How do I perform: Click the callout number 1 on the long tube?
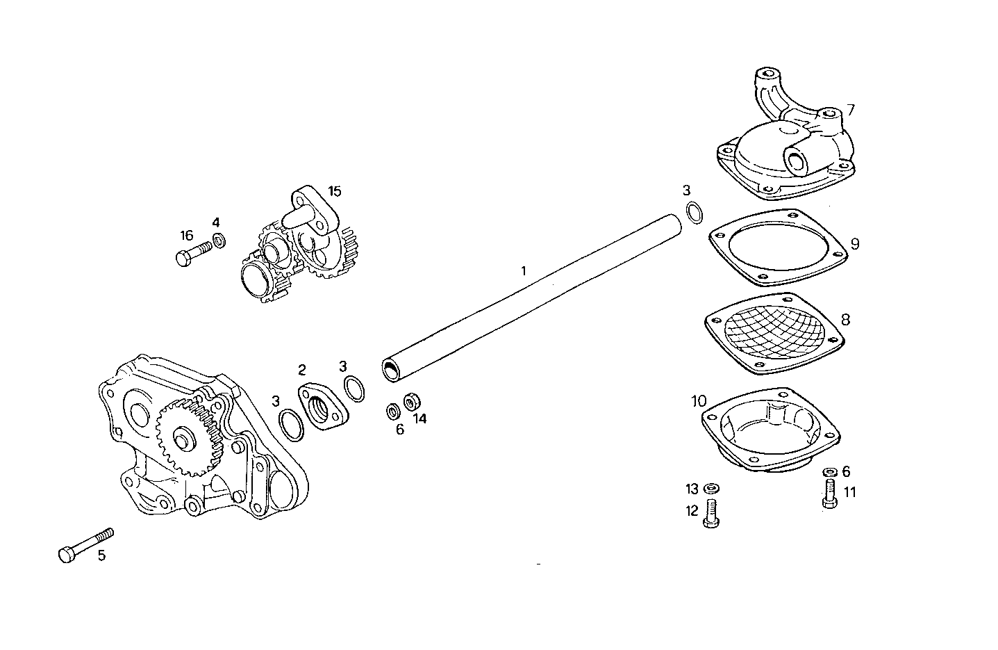pyautogui.click(x=524, y=270)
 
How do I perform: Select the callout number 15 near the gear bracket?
pyautogui.click(x=334, y=191)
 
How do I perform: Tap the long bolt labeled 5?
pyautogui.click(x=85, y=544)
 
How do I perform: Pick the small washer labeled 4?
pyautogui.click(x=219, y=241)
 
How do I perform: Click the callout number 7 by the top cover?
pyautogui.click(x=850, y=110)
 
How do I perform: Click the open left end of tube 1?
pyautogui.click(x=392, y=370)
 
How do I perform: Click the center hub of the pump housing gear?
pyautogui.click(x=184, y=442)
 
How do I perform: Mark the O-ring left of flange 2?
pyautogui.click(x=291, y=425)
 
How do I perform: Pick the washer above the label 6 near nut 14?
pyautogui.click(x=393, y=412)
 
